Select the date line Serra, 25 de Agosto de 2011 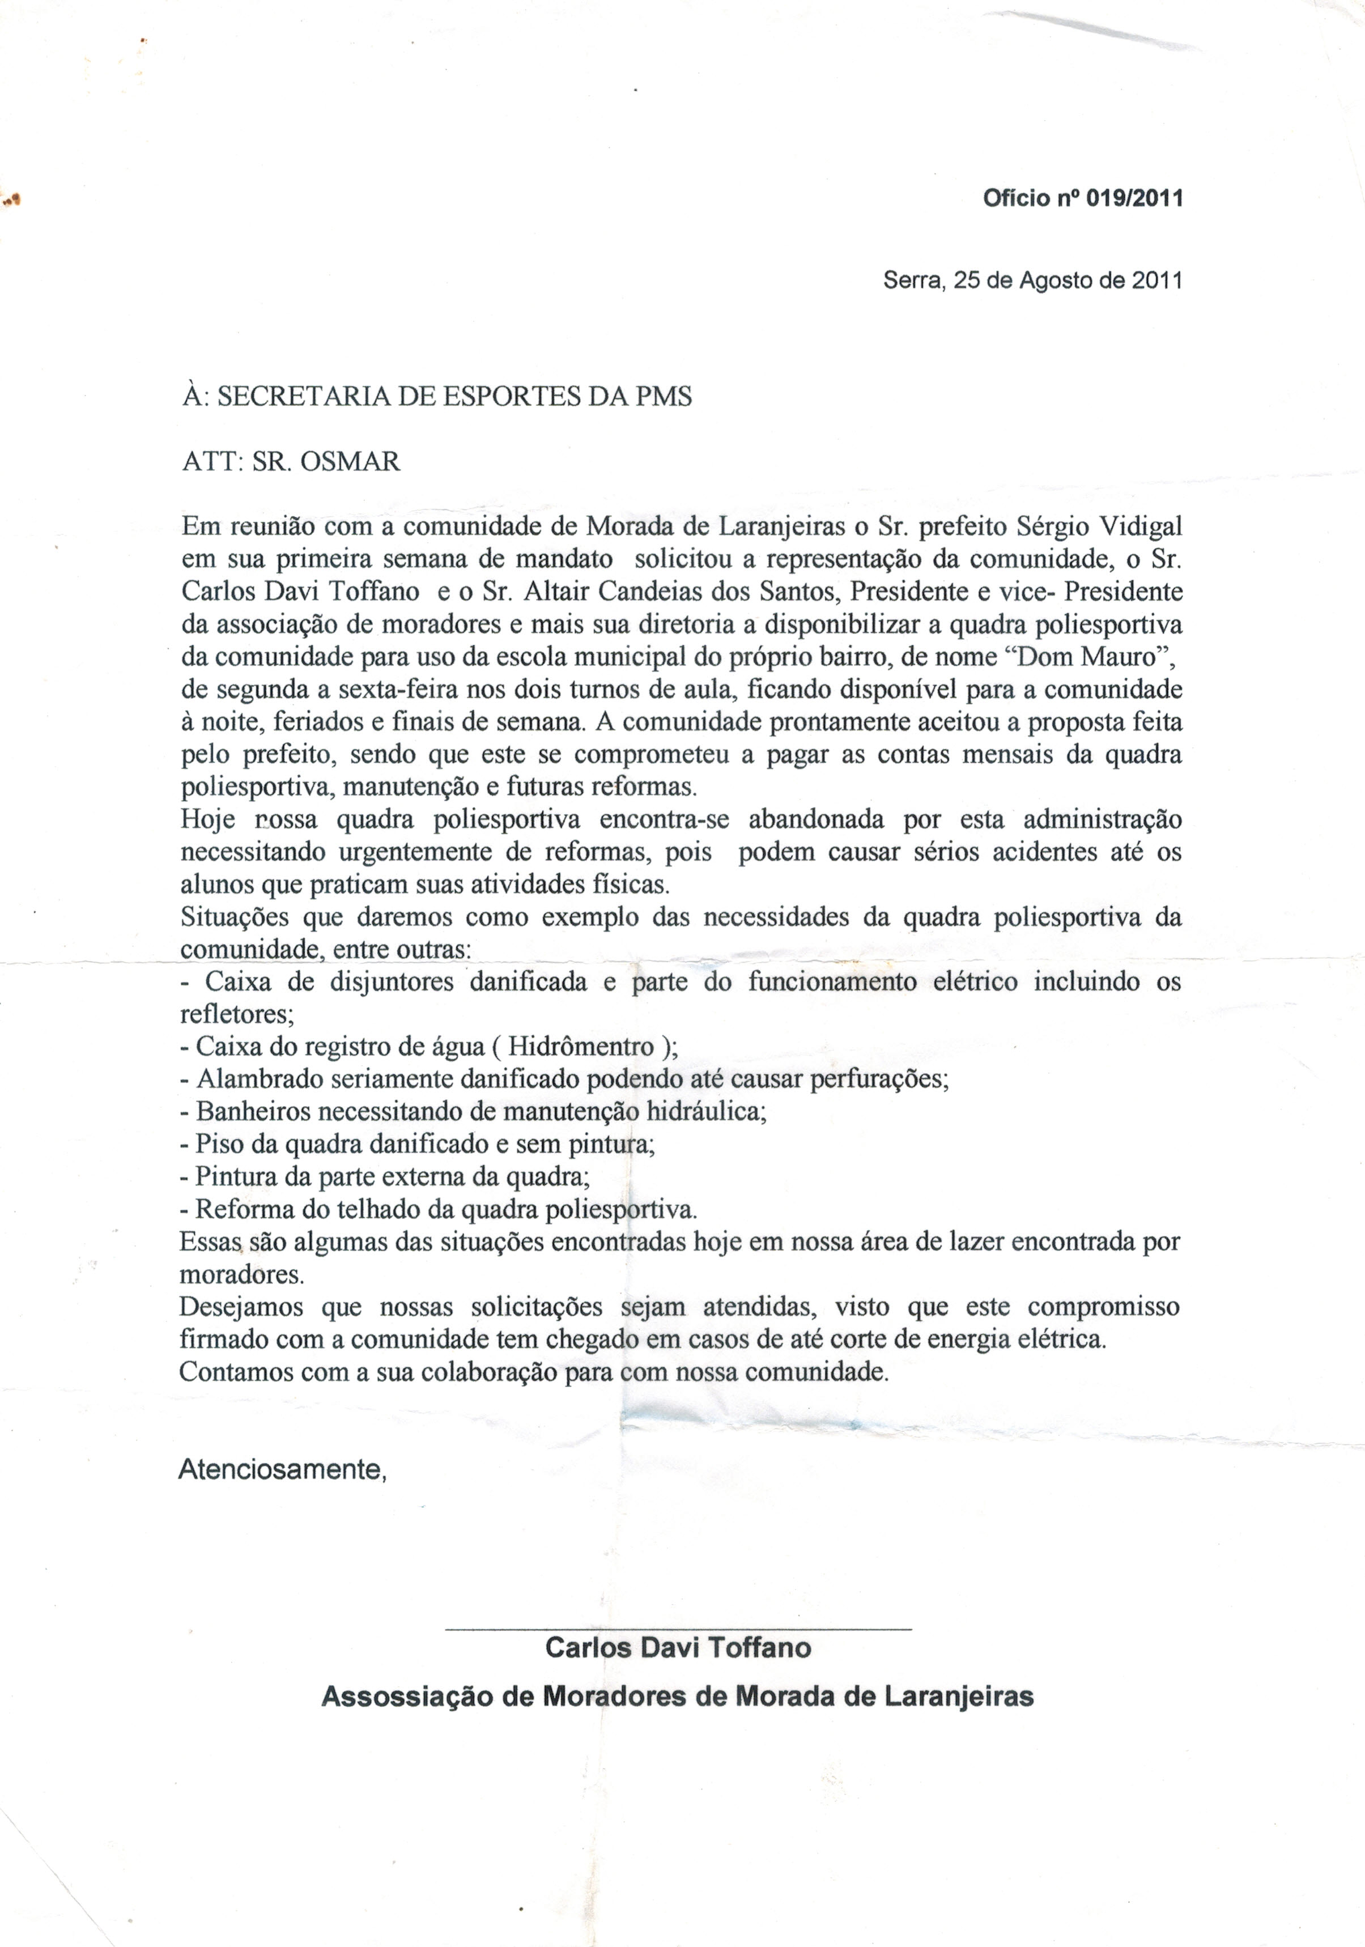click(1032, 280)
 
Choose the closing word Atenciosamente click(282, 1469)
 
